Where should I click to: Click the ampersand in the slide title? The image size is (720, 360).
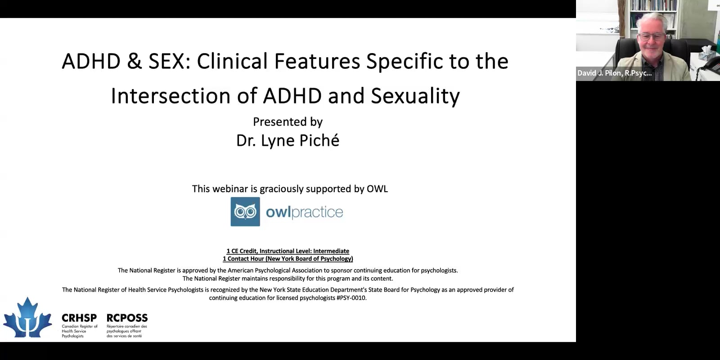[x=134, y=61]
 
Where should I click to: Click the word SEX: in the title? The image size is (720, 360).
[x=169, y=61]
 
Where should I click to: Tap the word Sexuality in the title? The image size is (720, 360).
[x=415, y=96]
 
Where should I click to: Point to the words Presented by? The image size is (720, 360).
[x=288, y=122]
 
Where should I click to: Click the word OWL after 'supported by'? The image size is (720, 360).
[x=377, y=189]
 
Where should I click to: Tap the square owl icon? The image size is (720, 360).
[x=245, y=211]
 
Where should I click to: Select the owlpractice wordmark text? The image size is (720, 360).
[x=304, y=212]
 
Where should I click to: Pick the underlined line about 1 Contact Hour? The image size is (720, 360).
[x=288, y=259]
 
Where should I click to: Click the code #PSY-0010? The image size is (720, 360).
[x=351, y=298]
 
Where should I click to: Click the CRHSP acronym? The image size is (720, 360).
[x=79, y=318]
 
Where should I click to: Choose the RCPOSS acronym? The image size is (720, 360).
[x=127, y=318]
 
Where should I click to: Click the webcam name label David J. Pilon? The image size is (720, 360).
[x=615, y=73]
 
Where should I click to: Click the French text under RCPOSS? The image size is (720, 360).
[x=126, y=331]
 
